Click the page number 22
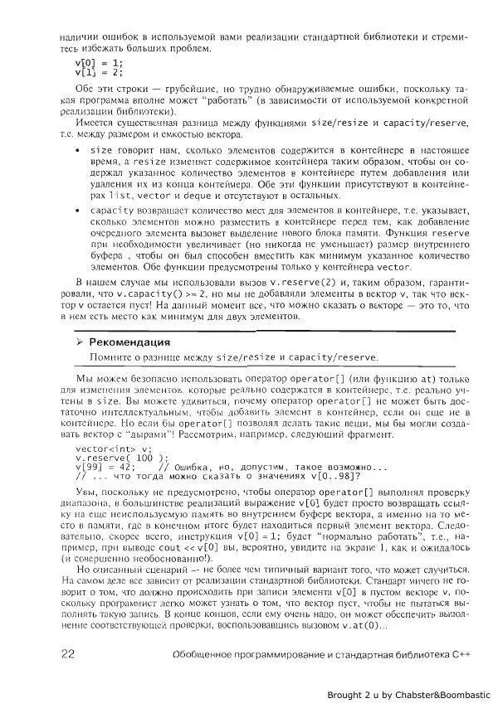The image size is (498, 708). click(69, 654)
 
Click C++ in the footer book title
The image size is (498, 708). click(461, 655)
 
